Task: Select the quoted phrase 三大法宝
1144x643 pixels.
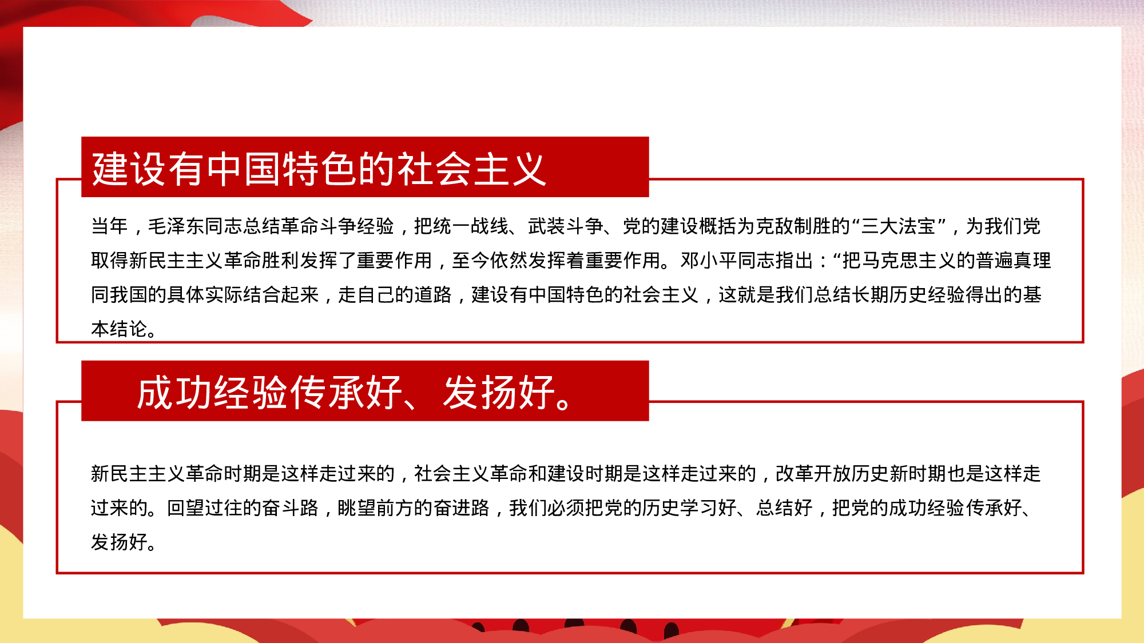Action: pyautogui.click(x=898, y=226)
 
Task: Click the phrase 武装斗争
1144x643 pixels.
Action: pyautogui.click(x=566, y=226)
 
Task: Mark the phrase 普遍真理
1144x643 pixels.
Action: pyautogui.click(x=1013, y=261)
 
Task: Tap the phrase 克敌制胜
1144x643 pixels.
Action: pyautogui.click(x=793, y=226)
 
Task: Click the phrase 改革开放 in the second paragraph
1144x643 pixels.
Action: pyautogui.click(x=813, y=474)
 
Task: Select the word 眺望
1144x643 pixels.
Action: pyautogui.click(x=356, y=508)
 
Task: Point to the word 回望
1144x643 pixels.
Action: pyautogui.click(x=185, y=508)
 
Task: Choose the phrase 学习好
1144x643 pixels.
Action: pyautogui.click(x=708, y=508)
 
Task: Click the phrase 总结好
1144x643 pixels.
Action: pyautogui.click(x=784, y=508)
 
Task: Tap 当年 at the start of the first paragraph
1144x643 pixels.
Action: pyautogui.click(x=110, y=226)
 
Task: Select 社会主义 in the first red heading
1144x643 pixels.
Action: pyautogui.click(x=471, y=169)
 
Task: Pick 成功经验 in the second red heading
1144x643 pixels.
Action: pyautogui.click(x=212, y=393)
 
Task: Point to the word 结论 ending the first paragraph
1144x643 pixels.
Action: pyautogui.click(x=129, y=329)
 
